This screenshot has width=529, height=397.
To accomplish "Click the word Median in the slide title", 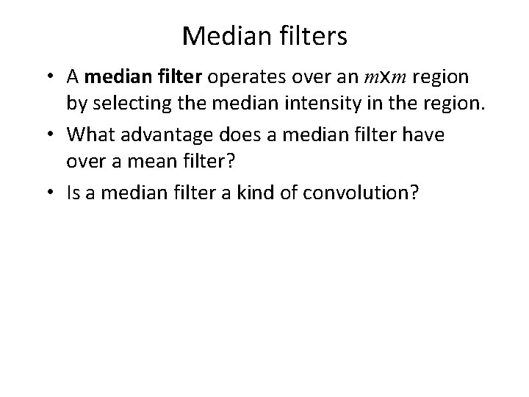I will coord(217,35).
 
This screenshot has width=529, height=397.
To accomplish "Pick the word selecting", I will coord(130,104).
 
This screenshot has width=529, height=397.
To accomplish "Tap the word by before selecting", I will coord(76,104).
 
